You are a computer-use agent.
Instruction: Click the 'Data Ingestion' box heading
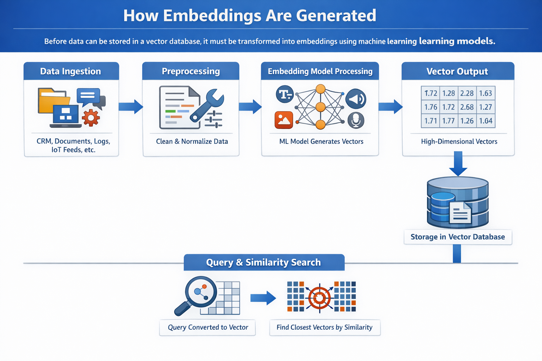pos(71,71)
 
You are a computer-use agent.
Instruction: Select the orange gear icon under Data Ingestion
pos(91,118)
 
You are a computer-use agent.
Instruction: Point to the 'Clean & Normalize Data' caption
pos(192,141)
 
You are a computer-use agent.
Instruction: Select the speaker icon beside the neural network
pos(356,99)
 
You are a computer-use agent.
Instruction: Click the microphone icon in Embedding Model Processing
pos(356,120)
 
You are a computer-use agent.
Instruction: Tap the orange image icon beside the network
pos(284,120)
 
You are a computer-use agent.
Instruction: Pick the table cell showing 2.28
pos(467,93)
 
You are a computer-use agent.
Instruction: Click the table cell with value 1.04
pos(486,121)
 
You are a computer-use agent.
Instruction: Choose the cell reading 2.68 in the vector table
pos(467,107)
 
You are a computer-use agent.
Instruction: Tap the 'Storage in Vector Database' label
pos(458,237)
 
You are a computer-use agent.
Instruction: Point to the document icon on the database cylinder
pos(460,213)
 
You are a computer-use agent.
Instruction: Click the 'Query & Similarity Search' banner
pos(264,262)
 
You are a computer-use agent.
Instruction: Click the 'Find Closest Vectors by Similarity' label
pos(324,328)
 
